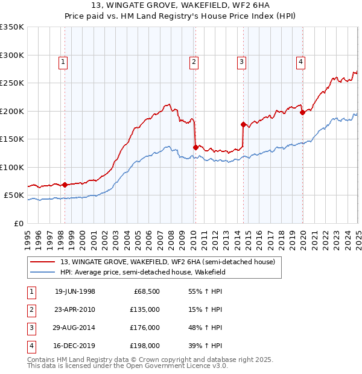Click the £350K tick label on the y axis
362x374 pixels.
(x=12, y=27)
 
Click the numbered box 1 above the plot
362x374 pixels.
(x=63, y=61)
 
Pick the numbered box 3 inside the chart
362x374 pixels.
(x=241, y=61)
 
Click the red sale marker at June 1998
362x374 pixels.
(x=65, y=185)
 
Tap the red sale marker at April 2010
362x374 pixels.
(x=195, y=147)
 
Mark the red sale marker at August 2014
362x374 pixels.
(x=243, y=124)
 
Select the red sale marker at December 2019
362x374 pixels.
(x=302, y=112)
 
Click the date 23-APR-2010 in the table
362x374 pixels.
(x=75, y=309)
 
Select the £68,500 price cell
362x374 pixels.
(x=147, y=291)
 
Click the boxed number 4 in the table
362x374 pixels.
(x=31, y=346)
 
